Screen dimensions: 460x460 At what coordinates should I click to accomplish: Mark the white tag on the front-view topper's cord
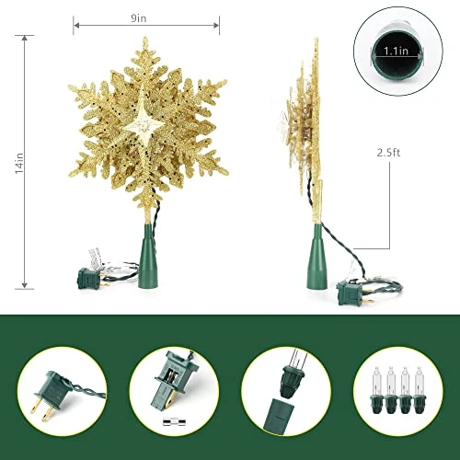tap(92, 252)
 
